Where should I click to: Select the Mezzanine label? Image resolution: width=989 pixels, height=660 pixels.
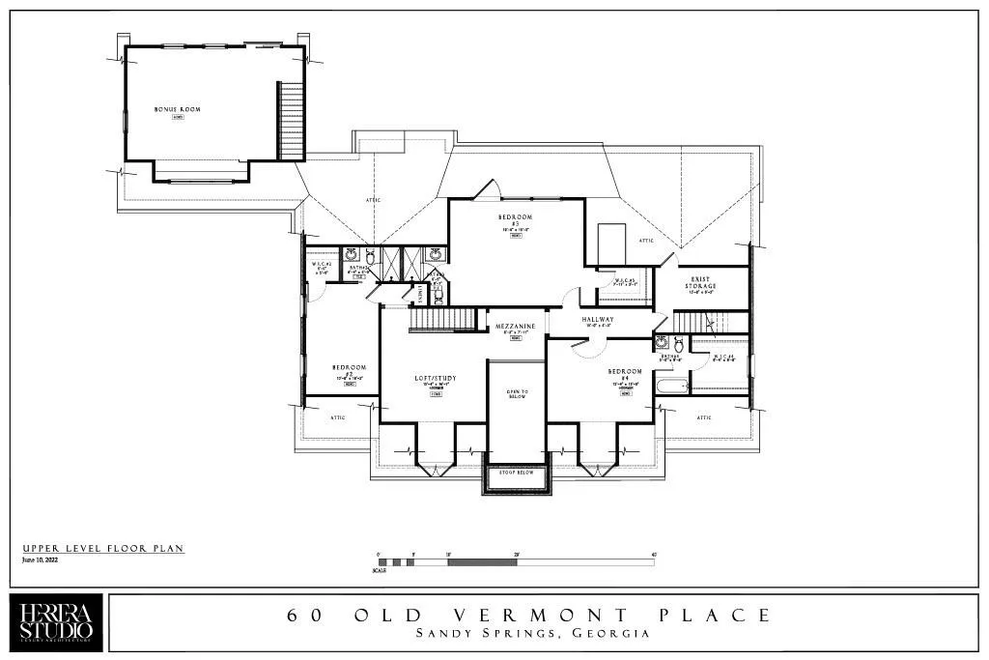[515, 327]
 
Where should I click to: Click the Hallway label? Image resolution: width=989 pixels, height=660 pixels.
[598, 319]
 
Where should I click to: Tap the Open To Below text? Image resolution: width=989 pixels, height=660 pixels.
[516, 394]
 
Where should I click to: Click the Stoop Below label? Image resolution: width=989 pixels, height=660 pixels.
[516, 473]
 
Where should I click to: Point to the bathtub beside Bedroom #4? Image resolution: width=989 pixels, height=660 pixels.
[671, 387]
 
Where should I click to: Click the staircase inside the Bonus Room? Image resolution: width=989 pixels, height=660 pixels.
[291, 121]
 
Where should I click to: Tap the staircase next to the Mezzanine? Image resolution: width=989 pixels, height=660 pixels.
[443, 318]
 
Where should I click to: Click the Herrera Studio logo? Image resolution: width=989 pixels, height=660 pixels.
[57, 624]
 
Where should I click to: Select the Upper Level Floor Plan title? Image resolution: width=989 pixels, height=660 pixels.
[102, 549]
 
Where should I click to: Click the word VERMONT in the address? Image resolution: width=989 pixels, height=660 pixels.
[546, 616]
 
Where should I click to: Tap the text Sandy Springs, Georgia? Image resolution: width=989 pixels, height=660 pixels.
[532, 635]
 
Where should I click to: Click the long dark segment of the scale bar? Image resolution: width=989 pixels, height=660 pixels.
[483, 561]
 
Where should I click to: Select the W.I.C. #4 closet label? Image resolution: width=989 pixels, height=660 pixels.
[724, 358]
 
